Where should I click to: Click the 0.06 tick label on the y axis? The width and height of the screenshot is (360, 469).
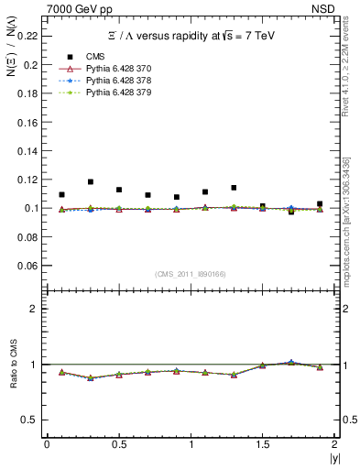[30, 266]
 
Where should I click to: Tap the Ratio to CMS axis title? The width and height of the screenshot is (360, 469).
[14, 364]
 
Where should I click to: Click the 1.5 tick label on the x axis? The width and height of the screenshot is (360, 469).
[263, 444]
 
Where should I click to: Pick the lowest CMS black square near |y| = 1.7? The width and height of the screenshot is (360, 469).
[291, 212]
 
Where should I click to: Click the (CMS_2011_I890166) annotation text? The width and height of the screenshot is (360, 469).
[190, 274]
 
